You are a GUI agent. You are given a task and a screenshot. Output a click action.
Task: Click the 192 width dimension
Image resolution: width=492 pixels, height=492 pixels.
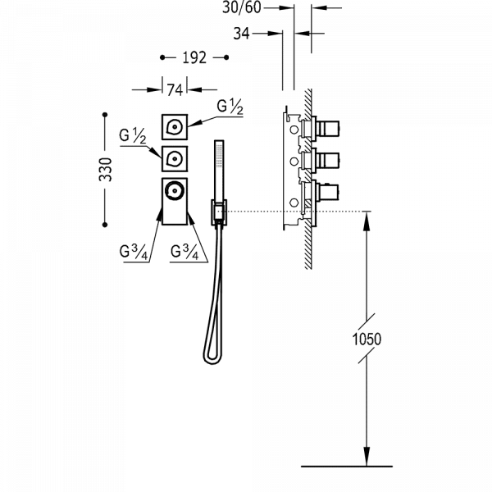click(x=194, y=59)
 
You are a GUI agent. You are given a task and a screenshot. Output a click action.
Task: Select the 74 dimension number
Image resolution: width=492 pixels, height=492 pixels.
click(x=174, y=89)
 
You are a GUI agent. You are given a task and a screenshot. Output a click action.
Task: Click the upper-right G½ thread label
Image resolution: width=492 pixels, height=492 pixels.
click(x=230, y=107)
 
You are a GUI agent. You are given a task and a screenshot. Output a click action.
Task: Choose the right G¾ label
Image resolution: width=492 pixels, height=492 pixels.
click(x=184, y=252)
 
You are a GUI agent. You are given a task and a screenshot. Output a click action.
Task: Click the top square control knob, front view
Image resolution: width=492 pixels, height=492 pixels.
click(x=174, y=126)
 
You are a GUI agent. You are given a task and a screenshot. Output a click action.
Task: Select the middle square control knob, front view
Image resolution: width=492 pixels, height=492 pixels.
click(x=174, y=157)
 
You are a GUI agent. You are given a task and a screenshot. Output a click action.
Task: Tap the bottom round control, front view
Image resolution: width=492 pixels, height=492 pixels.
click(x=174, y=191)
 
